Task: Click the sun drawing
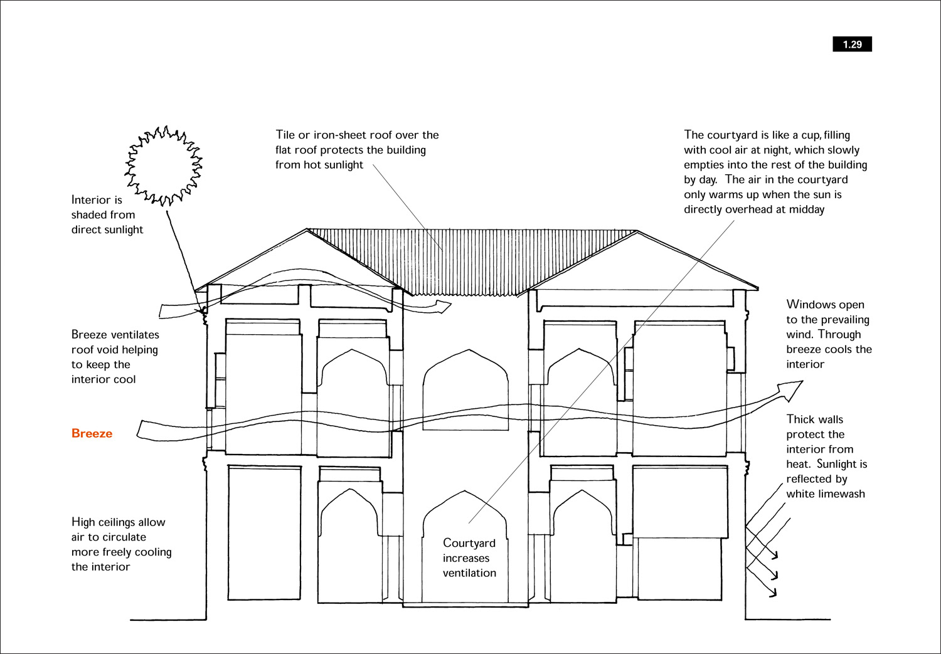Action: [163, 166]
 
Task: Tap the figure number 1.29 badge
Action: [852, 44]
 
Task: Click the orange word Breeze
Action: [92, 433]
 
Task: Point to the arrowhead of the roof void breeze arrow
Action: [443, 306]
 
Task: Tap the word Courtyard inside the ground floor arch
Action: [469, 543]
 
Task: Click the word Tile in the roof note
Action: [285, 135]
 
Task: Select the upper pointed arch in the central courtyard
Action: [465, 389]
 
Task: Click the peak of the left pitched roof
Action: [307, 229]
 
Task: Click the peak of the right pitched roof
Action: [637, 231]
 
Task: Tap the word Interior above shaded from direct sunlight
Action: [97, 200]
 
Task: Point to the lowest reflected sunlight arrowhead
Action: [773, 593]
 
